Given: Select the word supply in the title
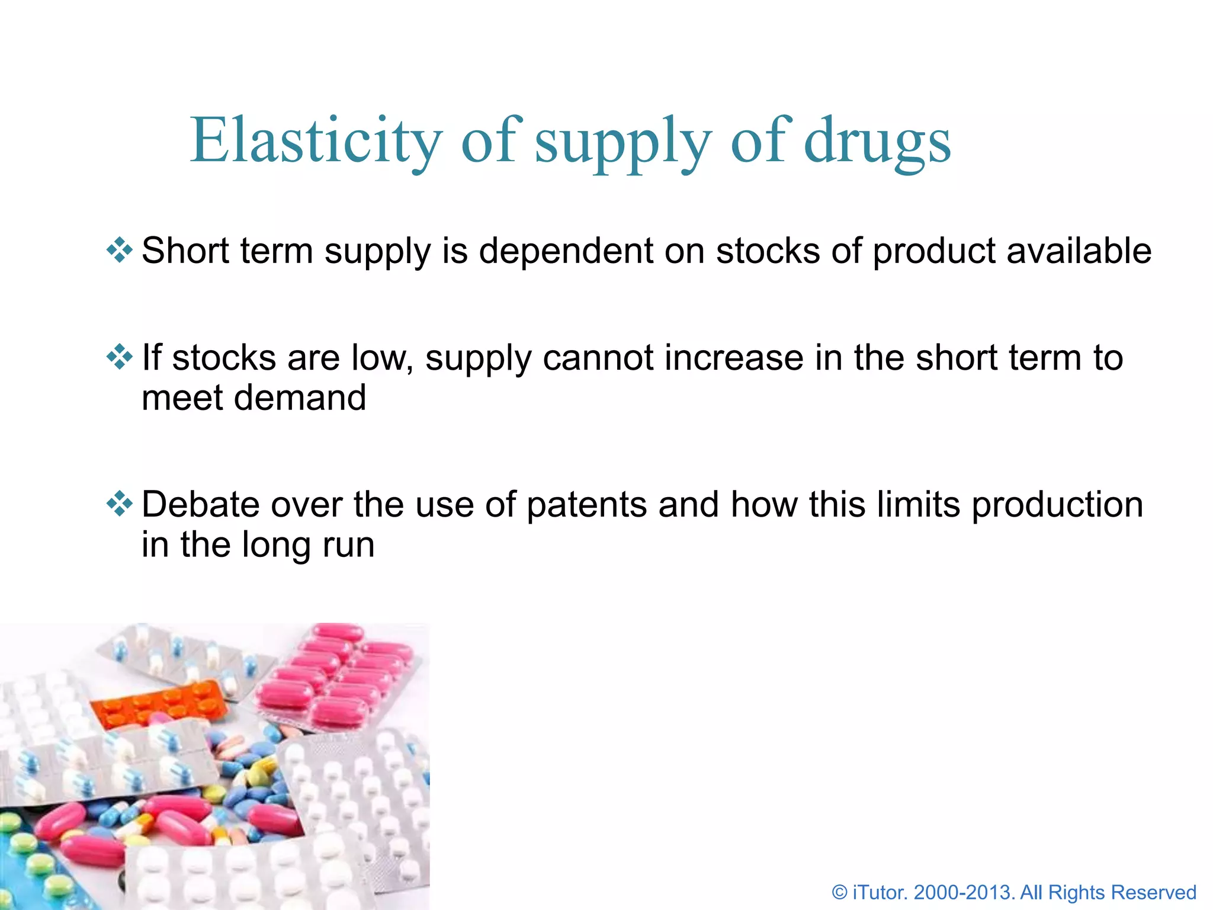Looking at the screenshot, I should [622, 142].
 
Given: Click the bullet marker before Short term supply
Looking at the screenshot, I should [119, 250].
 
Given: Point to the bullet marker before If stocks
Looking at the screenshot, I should [119, 357].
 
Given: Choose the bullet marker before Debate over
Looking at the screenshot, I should [119, 504].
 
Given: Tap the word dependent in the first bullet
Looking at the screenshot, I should [565, 251].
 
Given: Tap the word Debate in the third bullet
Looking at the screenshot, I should [200, 505].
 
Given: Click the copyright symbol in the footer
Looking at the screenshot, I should [839, 892].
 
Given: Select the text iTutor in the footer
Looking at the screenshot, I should [880, 892].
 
